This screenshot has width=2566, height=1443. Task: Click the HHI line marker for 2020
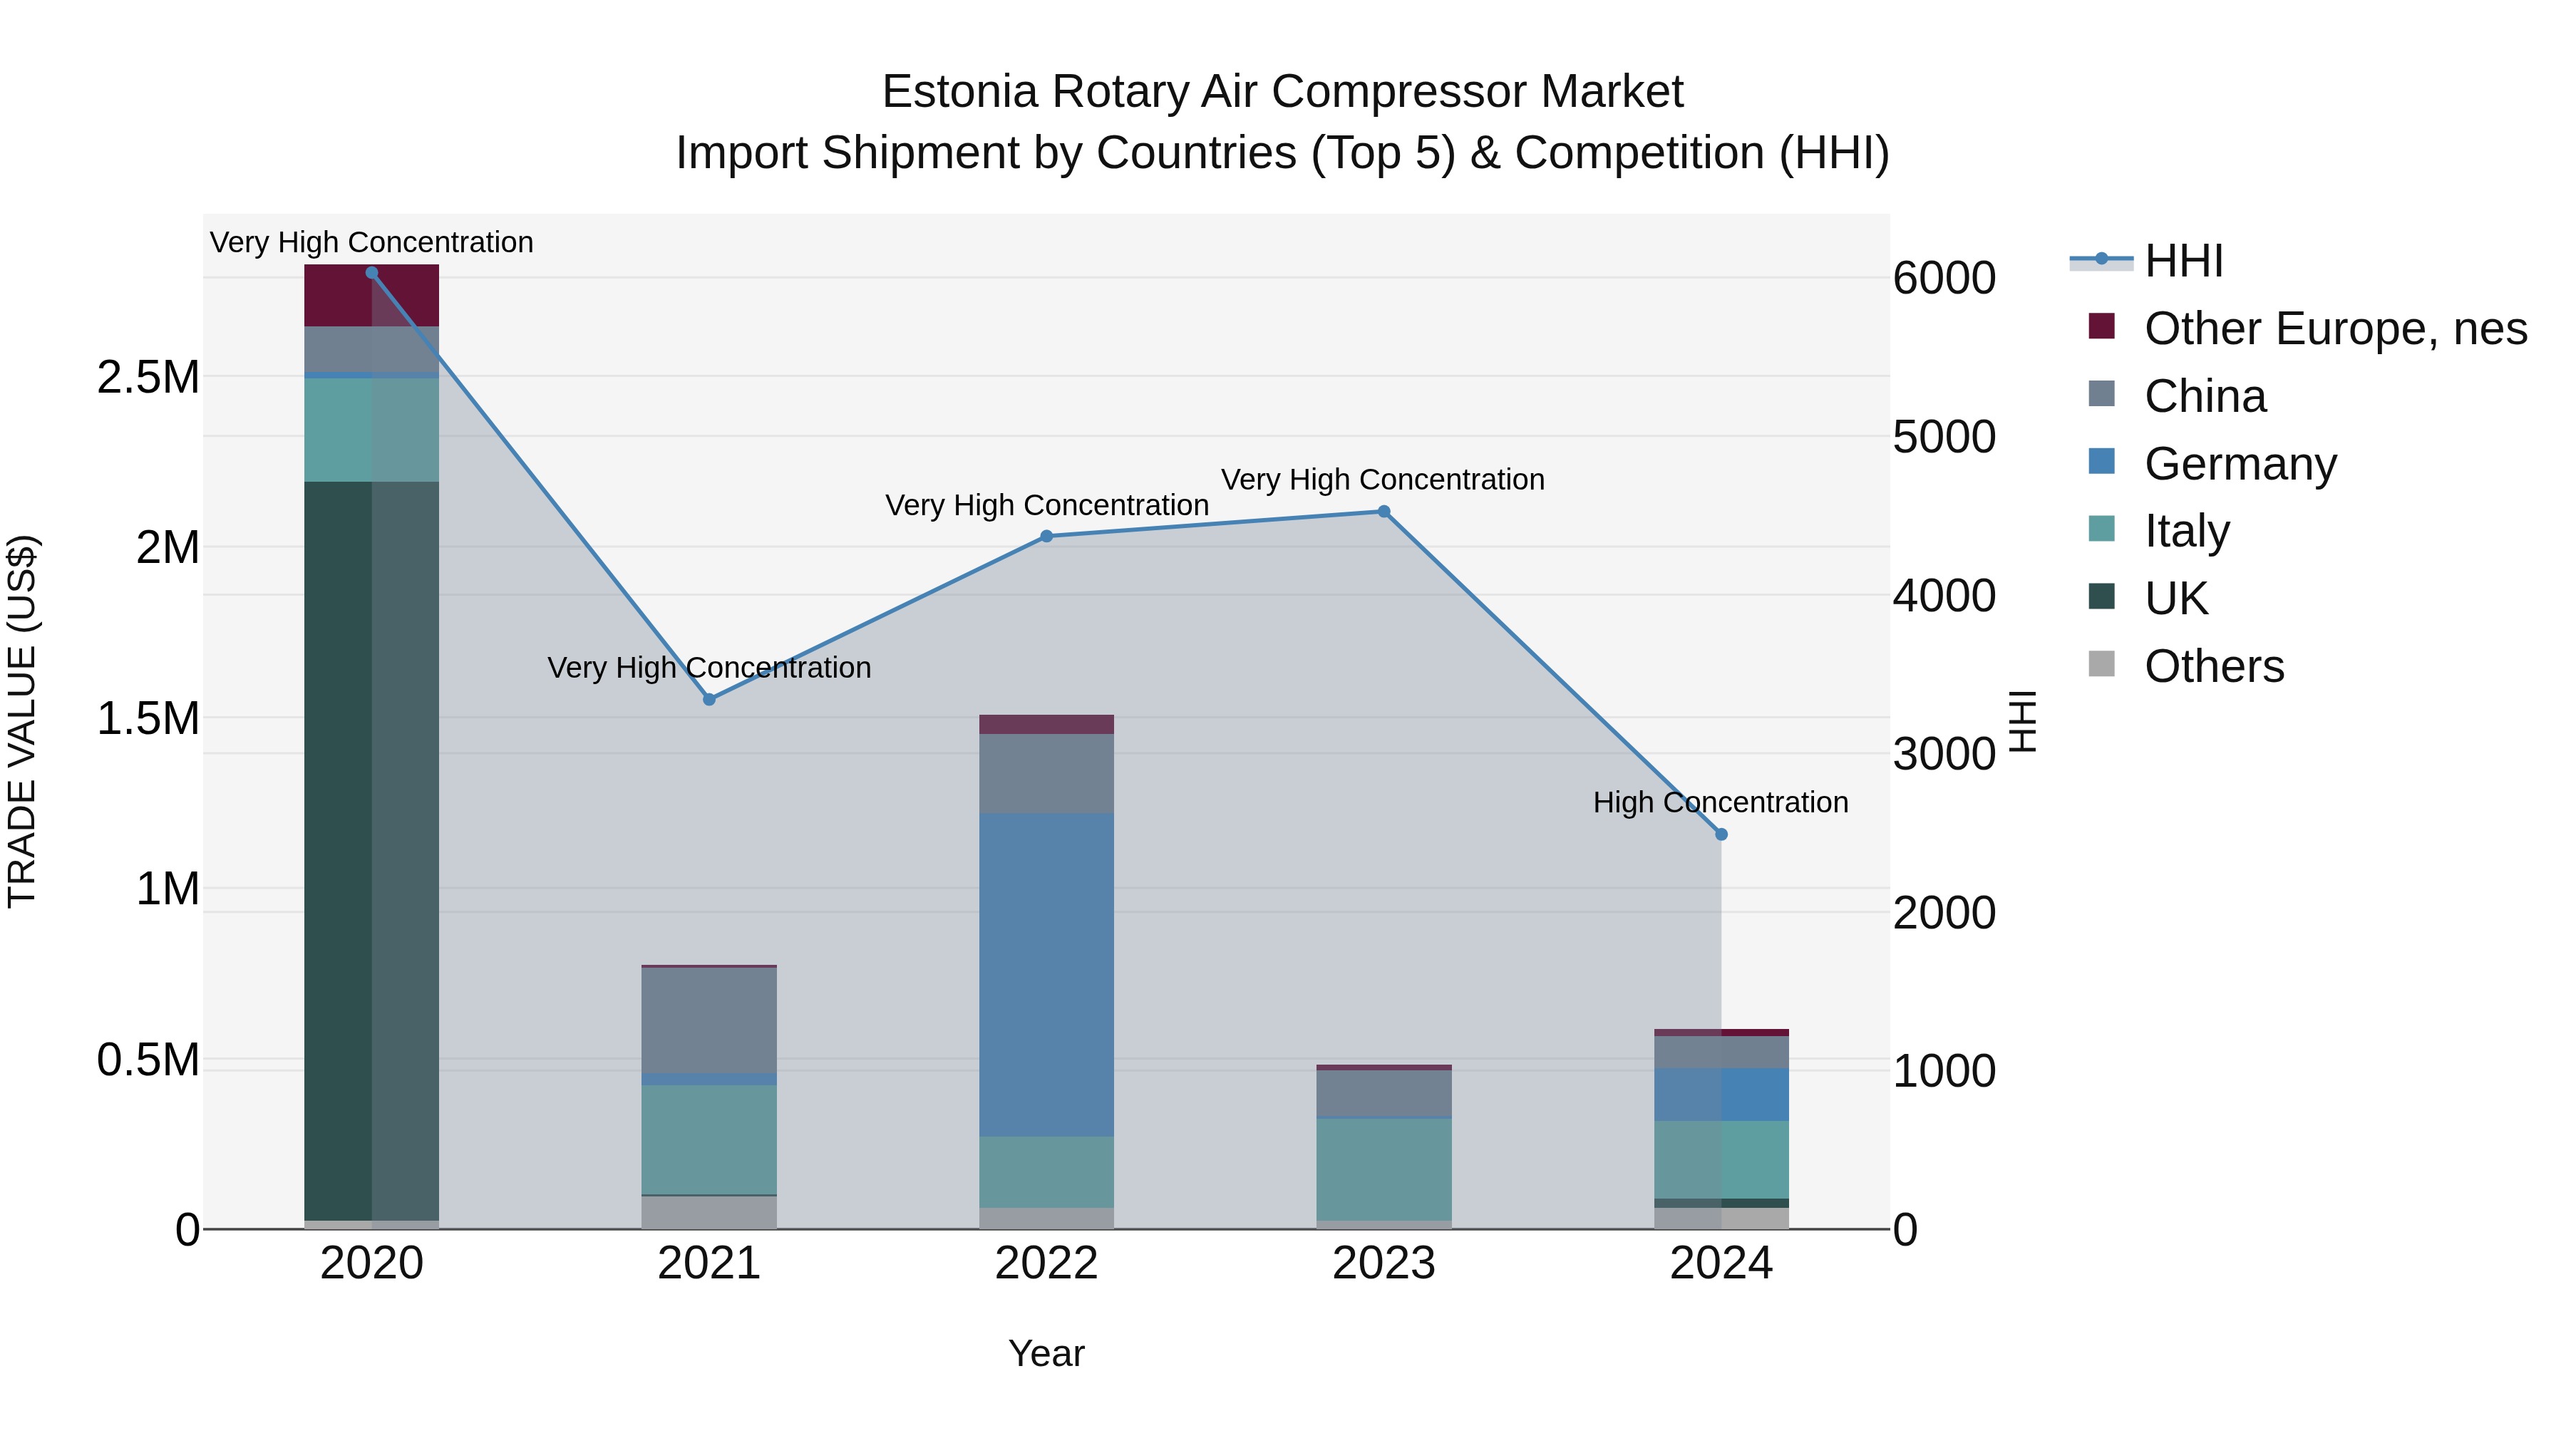click(x=371, y=273)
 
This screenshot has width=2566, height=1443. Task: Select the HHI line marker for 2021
click(x=709, y=700)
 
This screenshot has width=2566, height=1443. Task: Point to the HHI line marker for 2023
click(x=1384, y=512)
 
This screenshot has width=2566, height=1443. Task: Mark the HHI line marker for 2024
click(x=1721, y=834)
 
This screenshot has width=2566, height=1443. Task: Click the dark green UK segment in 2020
click(x=339, y=847)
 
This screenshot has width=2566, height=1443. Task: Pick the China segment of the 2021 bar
click(x=709, y=1020)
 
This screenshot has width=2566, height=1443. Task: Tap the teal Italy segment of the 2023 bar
click(x=1384, y=1170)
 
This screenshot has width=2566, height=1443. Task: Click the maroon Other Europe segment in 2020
click(x=339, y=296)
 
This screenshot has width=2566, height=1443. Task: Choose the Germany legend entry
click(x=2240, y=464)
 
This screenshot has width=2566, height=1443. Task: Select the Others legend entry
click(x=2213, y=666)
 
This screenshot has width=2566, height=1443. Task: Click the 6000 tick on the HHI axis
click(x=1944, y=279)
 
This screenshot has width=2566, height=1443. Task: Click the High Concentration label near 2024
click(x=1721, y=802)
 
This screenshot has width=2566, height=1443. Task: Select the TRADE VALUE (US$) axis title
click(x=23, y=721)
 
